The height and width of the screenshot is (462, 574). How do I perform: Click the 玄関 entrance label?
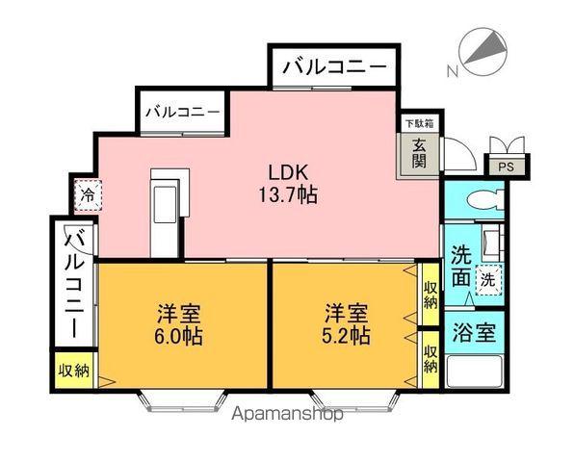tap(419, 154)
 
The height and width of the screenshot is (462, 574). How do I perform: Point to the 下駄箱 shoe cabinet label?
tap(418, 123)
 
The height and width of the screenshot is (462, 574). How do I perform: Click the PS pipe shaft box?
tap(506, 167)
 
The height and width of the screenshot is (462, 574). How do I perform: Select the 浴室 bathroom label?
tap(474, 333)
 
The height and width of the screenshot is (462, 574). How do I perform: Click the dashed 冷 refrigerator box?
tap(88, 195)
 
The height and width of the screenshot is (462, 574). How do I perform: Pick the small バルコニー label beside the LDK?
tap(183, 112)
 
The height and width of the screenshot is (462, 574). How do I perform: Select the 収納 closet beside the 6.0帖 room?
tap(73, 370)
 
